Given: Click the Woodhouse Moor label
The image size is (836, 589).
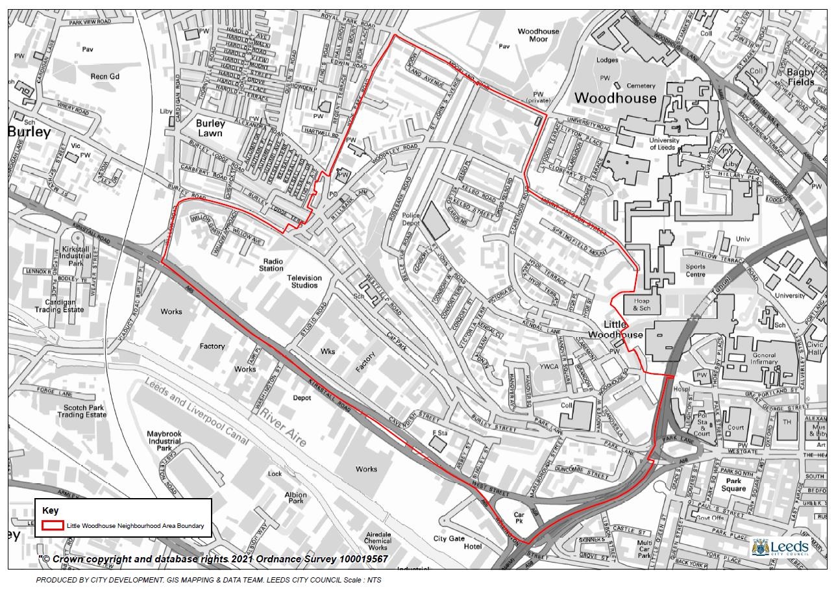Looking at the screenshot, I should click(538, 35).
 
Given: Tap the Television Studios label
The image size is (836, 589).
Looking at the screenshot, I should click(304, 282).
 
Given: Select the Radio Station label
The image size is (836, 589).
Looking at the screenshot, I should click(271, 264).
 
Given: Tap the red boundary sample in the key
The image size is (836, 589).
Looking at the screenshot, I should click(53, 525).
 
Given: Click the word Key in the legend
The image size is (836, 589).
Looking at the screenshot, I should click(50, 510).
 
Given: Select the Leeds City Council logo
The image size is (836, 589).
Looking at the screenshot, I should click(780, 547).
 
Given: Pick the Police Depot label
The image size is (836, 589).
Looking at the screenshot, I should click(411, 219).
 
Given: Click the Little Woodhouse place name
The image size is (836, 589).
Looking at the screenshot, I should click(614, 329).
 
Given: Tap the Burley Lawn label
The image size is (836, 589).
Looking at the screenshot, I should click(210, 128).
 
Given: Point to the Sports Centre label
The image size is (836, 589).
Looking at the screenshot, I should click(695, 270).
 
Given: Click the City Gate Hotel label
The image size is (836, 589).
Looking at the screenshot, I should click(458, 542).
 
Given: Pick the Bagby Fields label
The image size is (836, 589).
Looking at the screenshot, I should click(800, 77).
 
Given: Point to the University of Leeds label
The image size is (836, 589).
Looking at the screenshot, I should click(664, 144).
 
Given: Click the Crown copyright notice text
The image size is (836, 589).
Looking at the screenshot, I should click(214, 559).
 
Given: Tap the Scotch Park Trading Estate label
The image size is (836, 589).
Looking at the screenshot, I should click(81, 411).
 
